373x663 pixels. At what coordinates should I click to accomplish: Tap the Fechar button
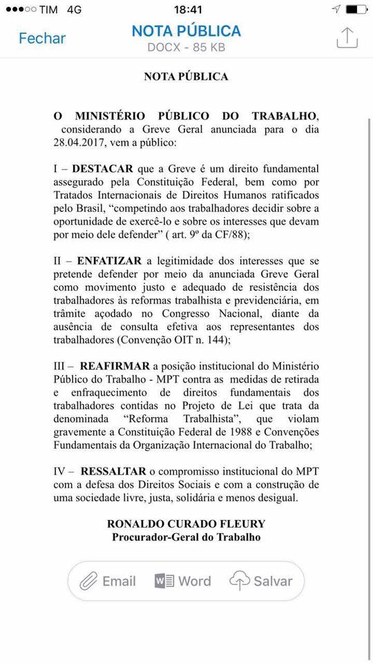pyautogui.click(x=42, y=39)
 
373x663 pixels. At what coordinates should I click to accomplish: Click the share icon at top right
pyautogui.click(x=347, y=38)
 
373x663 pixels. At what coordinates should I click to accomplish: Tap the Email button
pyautogui.click(x=108, y=581)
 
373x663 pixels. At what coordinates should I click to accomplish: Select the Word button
pyautogui.click(x=183, y=581)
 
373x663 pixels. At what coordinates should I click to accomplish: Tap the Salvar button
pyautogui.click(x=261, y=581)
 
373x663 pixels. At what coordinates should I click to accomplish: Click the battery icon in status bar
pyautogui.click(x=356, y=10)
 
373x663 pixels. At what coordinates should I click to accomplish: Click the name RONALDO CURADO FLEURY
pyautogui.click(x=186, y=523)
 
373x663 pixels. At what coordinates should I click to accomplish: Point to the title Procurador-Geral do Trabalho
pyautogui.click(x=186, y=537)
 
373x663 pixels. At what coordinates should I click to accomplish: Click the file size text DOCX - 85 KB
pyautogui.click(x=186, y=48)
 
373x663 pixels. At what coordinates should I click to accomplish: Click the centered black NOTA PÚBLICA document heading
pyautogui.click(x=186, y=77)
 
